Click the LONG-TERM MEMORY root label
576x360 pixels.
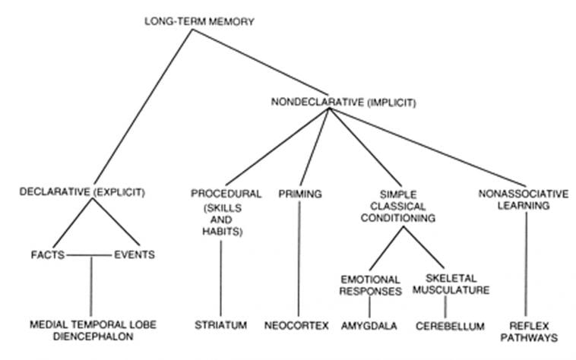point(199,21)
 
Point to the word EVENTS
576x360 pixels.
point(134,254)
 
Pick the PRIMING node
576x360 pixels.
point(301,194)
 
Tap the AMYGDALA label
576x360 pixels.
point(370,325)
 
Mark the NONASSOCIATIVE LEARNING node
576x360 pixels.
point(524,200)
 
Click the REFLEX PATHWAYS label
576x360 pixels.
point(528,331)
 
